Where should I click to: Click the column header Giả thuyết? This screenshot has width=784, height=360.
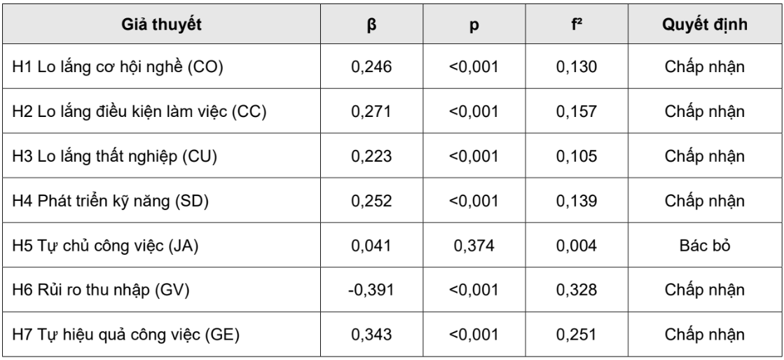(x=161, y=24)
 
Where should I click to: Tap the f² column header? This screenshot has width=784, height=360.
(x=577, y=24)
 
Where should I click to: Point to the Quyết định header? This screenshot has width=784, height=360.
(x=705, y=25)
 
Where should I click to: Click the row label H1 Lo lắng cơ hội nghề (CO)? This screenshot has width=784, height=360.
(x=118, y=67)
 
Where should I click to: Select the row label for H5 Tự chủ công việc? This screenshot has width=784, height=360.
(x=105, y=246)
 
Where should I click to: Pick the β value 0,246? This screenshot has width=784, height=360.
(x=371, y=67)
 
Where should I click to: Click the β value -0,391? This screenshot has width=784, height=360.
(x=371, y=290)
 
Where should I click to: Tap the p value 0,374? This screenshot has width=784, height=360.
(x=474, y=246)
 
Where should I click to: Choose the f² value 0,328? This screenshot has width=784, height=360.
(x=577, y=290)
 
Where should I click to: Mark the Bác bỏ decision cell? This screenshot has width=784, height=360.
(x=705, y=246)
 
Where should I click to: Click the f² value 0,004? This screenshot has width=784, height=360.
(x=577, y=246)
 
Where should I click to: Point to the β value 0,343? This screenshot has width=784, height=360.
(x=371, y=335)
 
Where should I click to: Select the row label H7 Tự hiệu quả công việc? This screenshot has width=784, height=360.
(x=125, y=335)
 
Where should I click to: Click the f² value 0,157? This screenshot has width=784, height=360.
(x=577, y=111)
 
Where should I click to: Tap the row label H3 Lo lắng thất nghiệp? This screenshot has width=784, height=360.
(x=114, y=156)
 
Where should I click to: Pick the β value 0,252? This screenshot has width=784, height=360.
(x=371, y=201)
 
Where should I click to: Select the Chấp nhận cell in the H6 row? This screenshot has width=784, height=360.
(x=705, y=290)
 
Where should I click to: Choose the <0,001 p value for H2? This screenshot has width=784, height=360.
(x=474, y=111)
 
